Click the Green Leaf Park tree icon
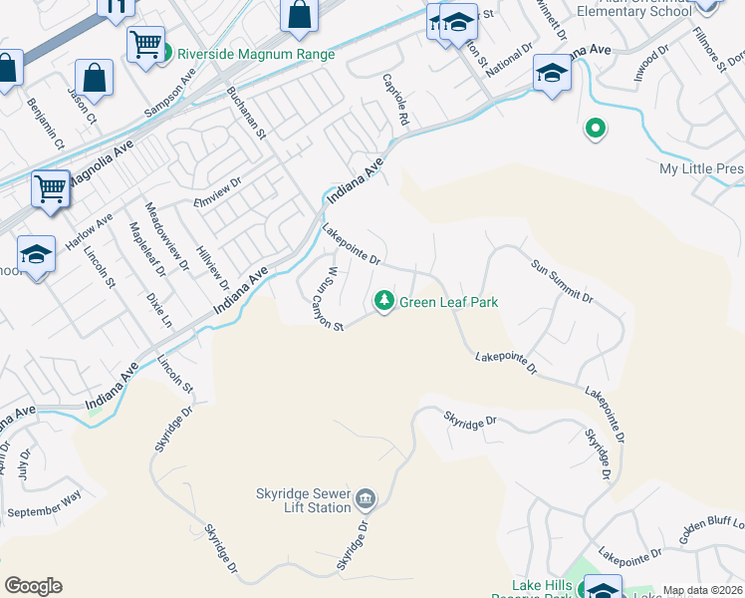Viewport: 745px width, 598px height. [x=383, y=301]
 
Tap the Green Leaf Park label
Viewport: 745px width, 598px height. [x=448, y=302]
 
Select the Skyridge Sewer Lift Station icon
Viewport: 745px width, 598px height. [x=365, y=497]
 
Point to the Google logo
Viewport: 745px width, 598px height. [x=33, y=586]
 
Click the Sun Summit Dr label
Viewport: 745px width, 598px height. [x=562, y=282]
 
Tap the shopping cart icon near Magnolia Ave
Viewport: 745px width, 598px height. [x=49, y=187]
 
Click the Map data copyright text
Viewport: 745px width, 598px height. [x=702, y=590]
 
